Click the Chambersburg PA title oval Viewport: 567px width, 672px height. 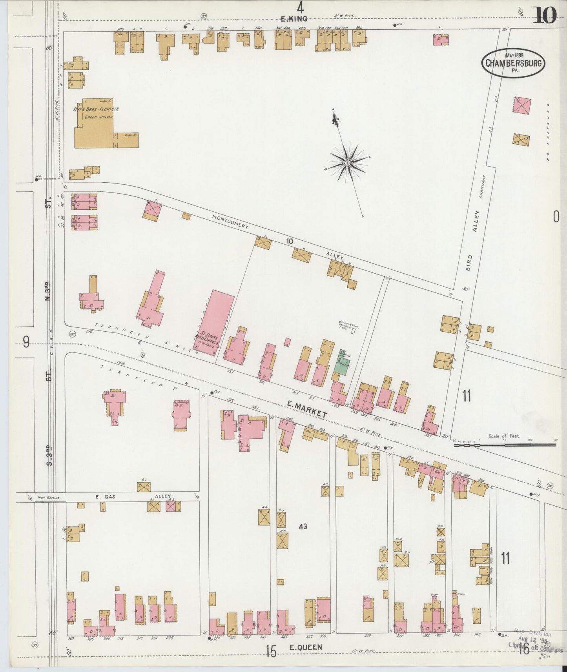514,62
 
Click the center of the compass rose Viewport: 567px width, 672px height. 348,162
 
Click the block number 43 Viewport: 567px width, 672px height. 303,527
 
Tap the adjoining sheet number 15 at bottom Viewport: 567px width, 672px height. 271,651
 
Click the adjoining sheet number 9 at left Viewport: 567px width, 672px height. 26,344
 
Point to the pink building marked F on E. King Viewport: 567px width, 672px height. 441,40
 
